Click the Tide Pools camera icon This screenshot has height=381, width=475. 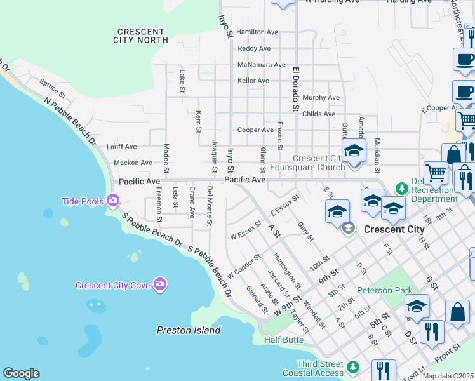click(x=113, y=201)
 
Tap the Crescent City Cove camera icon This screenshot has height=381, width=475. click(x=160, y=284)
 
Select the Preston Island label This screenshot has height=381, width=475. click(x=189, y=330)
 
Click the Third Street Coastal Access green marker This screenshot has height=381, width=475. click(x=353, y=367)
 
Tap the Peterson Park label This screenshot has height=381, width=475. click(x=380, y=290)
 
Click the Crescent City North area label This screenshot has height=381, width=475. click(x=143, y=36)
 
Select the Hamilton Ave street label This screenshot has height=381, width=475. click(x=257, y=32)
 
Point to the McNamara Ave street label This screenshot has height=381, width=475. click(x=262, y=65)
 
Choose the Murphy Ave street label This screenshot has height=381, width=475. click(x=321, y=98)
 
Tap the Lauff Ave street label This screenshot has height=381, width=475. click(x=122, y=147)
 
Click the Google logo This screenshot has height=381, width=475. click(x=21, y=373)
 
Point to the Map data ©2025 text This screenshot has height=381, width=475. click(x=448, y=376)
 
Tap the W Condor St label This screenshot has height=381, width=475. click(x=244, y=269)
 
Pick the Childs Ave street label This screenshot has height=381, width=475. click(x=319, y=114)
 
